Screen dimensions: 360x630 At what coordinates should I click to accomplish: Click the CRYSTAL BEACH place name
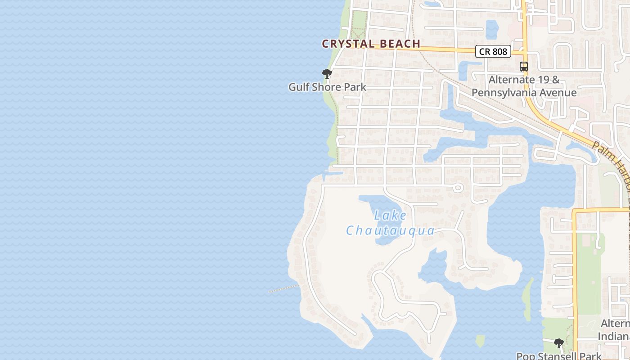click(x=371, y=44)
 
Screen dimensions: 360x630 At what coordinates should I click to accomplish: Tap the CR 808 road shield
click(x=493, y=51)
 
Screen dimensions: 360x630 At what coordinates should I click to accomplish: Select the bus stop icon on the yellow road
click(x=523, y=67)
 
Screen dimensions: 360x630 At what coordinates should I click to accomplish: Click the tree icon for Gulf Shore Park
click(x=327, y=74)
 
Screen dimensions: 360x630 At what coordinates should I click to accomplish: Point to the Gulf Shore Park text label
click(x=327, y=87)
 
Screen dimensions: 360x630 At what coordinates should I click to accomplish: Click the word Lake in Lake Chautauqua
click(x=390, y=216)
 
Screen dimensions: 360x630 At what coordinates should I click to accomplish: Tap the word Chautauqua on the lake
click(x=390, y=231)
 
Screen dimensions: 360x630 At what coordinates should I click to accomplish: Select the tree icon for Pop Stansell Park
click(x=558, y=343)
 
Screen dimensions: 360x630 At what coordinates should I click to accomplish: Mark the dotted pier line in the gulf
click(x=283, y=288)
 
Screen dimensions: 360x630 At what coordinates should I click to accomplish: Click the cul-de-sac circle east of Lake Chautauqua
click(x=458, y=187)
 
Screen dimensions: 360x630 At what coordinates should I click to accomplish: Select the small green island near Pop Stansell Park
click(x=480, y=341)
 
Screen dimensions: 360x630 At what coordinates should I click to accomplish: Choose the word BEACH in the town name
click(x=400, y=44)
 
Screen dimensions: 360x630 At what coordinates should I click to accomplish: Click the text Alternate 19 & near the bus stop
click(x=524, y=80)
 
